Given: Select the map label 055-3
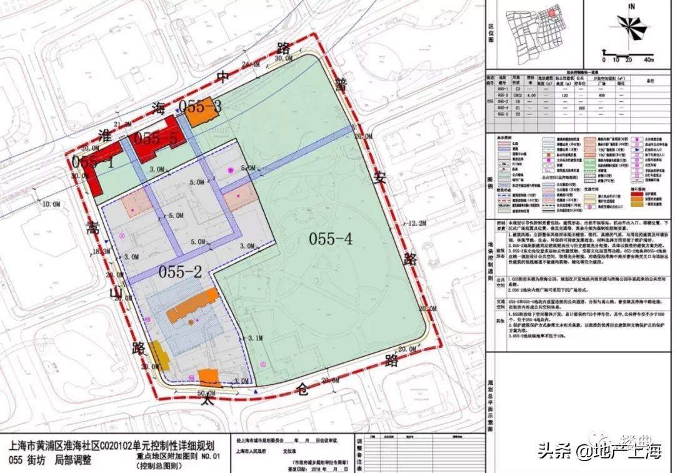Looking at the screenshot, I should coord(200,106).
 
